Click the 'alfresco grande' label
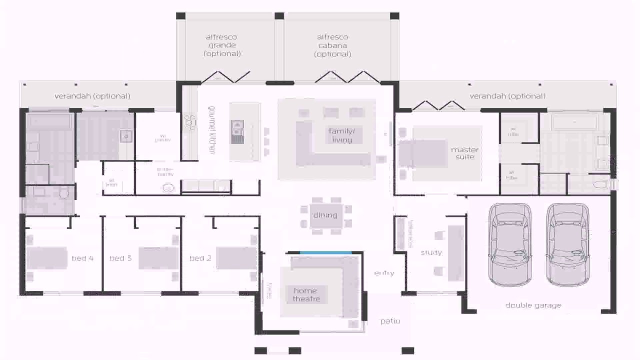pyautogui.click(x=221, y=45)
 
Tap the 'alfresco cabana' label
pyautogui.click(x=332, y=45)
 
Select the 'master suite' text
pyautogui.click(x=464, y=153)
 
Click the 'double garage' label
pyautogui.click(x=533, y=305)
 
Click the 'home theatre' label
pyautogui.click(x=305, y=294)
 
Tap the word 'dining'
pyautogui.click(x=325, y=215)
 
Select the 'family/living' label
pyautogui.click(x=341, y=135)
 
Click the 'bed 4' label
pyautogui.click(x=82, y=258)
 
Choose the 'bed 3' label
pyautogui.click(x=120, y=258)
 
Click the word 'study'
pyautogui.click(x=431, y=252)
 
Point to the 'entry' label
pyautogui.click(x=384, y=273)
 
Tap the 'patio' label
pyautogui.click(x=390, y=321)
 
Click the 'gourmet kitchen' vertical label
pyautogui.click(x=212, y=130)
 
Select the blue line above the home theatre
pyautogui.click(x=324, y=253)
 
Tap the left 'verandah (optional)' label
pyautogui.click(x=92, y=96)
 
